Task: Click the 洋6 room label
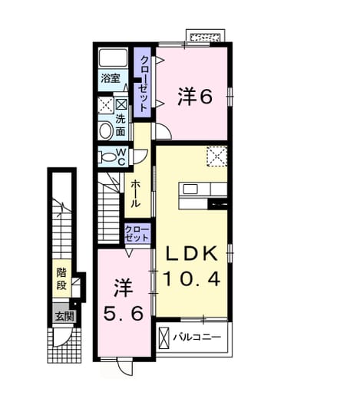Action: pos(195,97)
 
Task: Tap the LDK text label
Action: pos(192,254)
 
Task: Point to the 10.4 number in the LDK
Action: pos(192,278)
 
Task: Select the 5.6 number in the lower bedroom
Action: pos(124,314)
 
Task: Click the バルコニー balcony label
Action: pos(197,337)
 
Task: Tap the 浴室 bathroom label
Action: pos(111,78)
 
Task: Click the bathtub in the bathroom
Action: pos(113,58)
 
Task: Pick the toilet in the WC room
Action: pos(108,156)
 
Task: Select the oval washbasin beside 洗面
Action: pos(105,131)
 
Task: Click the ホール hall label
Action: pos(136,194)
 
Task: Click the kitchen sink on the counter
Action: pos(190,189)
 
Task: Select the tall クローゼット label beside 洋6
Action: pos(144,84)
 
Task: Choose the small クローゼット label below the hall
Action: pos(137,233)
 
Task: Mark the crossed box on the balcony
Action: pos(164,337)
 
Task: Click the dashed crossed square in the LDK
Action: pos(217,156)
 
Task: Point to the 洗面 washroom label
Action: pos(121,125)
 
